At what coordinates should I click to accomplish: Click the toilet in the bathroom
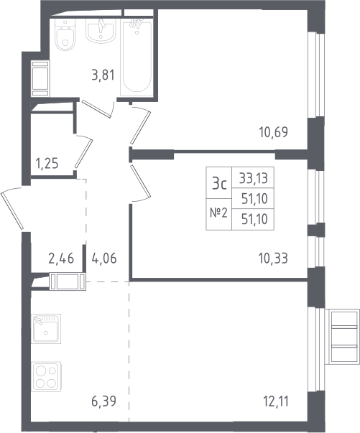[65, 35]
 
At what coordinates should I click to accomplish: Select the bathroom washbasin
[101, 31]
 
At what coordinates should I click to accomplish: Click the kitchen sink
[46, 329]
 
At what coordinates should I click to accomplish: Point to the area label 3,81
[103, 75]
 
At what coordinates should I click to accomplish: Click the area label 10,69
[274, 132]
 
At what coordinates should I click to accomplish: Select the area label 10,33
[274, 259]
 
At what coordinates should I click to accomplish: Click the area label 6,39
[103, 401]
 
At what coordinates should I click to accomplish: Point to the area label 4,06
[103, 259]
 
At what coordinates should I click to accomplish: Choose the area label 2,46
[61, 259]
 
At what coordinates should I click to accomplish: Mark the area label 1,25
[47, 164]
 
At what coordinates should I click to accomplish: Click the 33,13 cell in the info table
[254, 178]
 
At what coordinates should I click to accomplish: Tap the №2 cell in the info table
[219, 213]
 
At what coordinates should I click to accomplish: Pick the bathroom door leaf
[97, 108]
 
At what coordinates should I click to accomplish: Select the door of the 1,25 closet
[83, 153]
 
